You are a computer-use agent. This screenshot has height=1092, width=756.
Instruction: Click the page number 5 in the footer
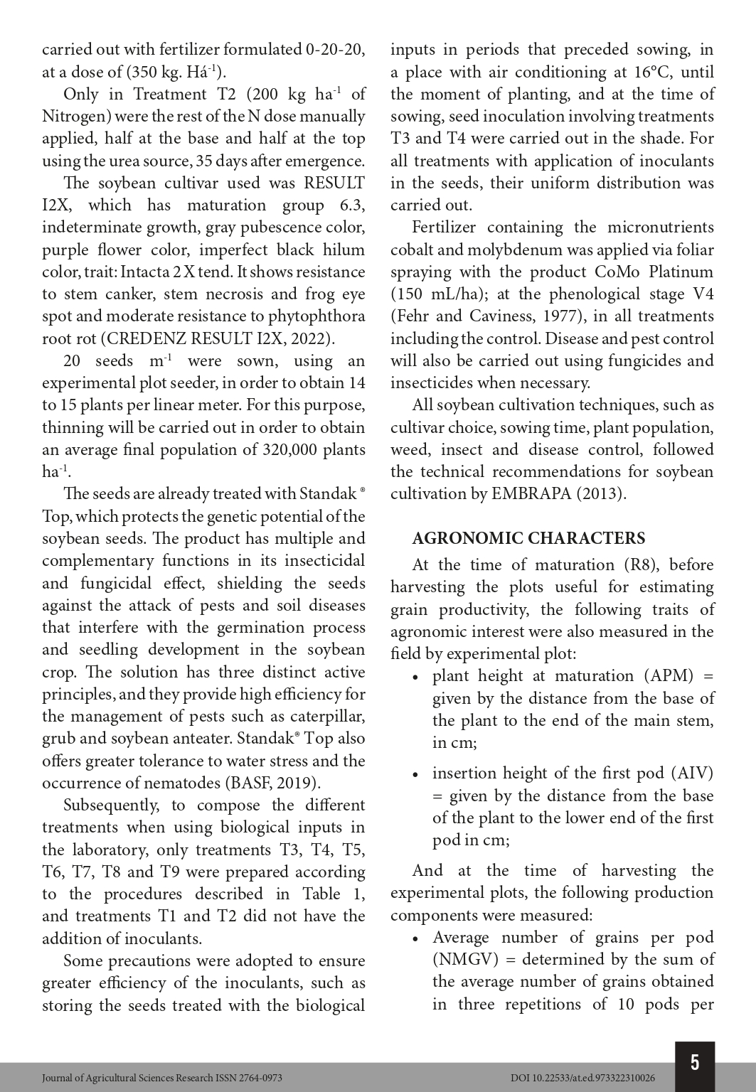coord(695,1062)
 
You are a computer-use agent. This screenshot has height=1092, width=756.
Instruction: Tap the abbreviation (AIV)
coord(691,773)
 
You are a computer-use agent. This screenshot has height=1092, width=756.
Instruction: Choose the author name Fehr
coord(413,316)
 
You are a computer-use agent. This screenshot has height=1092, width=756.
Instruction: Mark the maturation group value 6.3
coord(352,205)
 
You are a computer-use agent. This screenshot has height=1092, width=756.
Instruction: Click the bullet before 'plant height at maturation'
coord(416,677)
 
